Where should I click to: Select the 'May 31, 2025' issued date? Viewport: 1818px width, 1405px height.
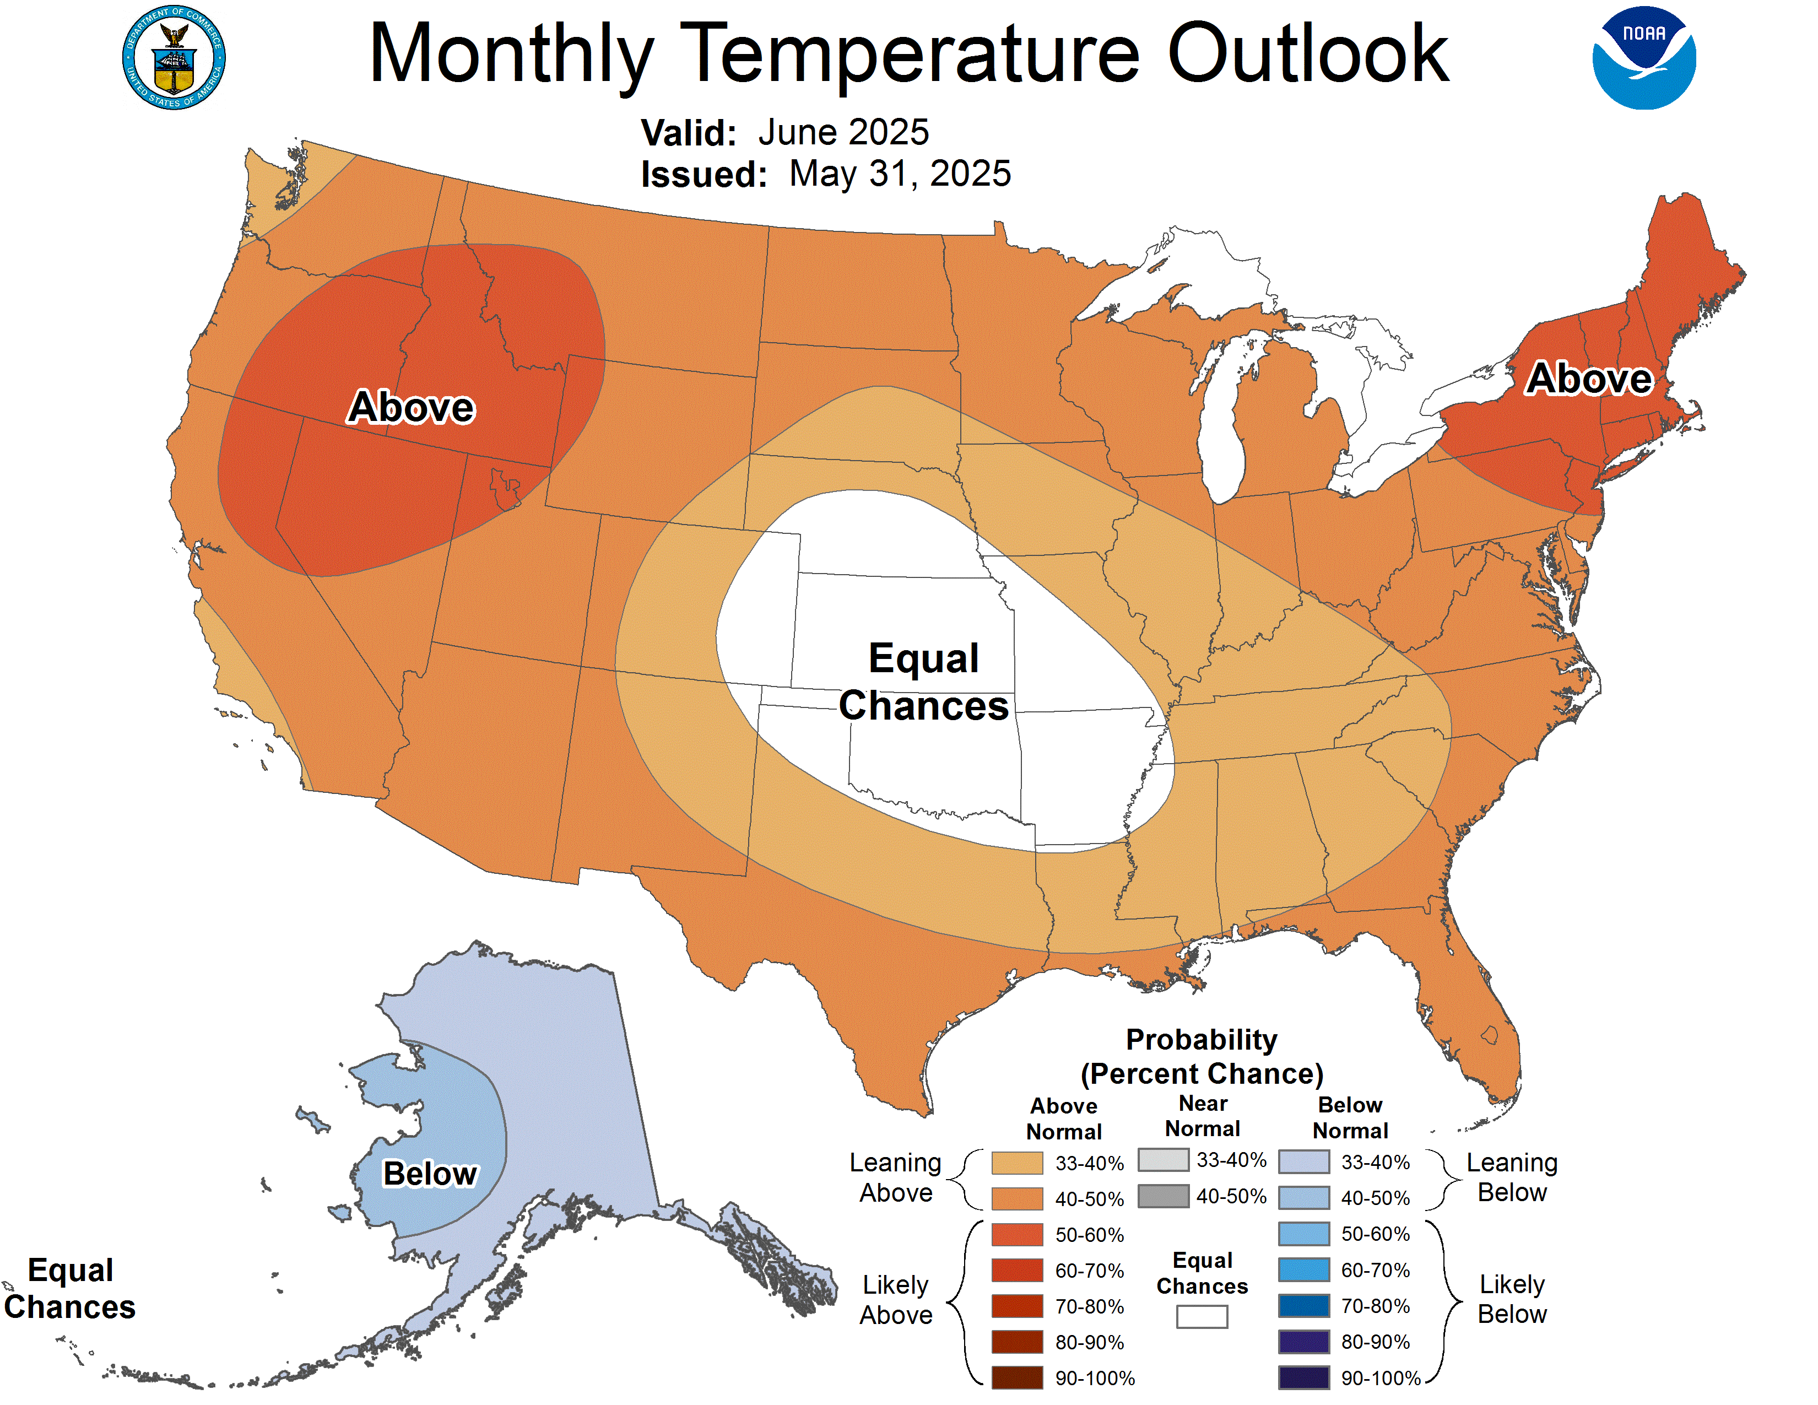pyautogui.click(x=899, y=174)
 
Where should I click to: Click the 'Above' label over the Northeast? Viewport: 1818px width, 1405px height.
pyautogui.click(x=1588, y=379)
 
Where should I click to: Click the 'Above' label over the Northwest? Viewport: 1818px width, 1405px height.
pyautogui.click(x=411, y=407)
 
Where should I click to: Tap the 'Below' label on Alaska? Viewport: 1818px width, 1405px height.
pyautogui.click(x=430, y=1174)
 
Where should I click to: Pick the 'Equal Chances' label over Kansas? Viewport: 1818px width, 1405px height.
pyautogui.click(x=923, y=682)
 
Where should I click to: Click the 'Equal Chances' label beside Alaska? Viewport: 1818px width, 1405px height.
pyautogui.click(x=70, y=1289)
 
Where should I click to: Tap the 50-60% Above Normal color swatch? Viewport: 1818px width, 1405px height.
pyautogui.click(x=1016, y=1234)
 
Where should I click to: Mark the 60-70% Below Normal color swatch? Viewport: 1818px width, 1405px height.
pyautogui.click(x=1303, y=1270)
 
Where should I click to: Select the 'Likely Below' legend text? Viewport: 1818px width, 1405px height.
pyautogui.click(x=1512, y=1299)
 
